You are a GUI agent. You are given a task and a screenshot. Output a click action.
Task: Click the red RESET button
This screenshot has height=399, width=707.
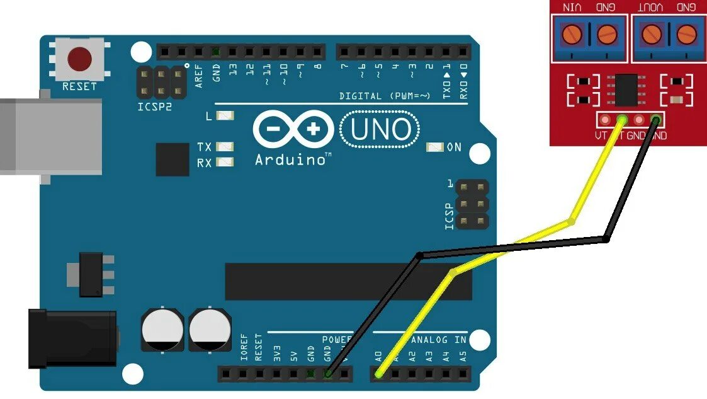[x=79, y=59]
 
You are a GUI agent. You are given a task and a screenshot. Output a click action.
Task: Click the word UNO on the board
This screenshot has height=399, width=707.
[x=380, y=130]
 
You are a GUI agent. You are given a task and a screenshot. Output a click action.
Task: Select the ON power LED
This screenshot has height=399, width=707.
[x=434, y=147]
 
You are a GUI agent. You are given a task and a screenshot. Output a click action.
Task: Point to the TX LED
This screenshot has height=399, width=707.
[x=224, y=147]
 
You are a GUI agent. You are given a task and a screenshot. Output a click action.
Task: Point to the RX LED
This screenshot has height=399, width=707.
[x=224, y=163]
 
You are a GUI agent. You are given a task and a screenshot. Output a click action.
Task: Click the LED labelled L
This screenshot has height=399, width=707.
[x=224, y=116]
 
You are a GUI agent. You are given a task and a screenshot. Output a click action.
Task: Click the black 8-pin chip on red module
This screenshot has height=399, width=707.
[x=625, y=89]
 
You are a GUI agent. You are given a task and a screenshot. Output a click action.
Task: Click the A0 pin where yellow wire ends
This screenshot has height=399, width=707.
[x=378, y=374]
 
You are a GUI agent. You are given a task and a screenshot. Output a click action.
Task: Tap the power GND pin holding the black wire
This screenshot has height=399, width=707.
[x=328, y=374]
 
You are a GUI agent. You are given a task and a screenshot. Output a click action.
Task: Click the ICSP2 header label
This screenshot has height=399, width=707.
[x=154, y=107]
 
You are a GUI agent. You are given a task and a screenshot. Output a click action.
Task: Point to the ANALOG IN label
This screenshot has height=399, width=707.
[x=438, y=340]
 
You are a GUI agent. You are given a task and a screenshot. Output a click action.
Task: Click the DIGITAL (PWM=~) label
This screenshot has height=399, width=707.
[x=385, y=96]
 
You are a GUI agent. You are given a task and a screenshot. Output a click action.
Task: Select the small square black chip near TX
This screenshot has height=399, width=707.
[x=172, y=159]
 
